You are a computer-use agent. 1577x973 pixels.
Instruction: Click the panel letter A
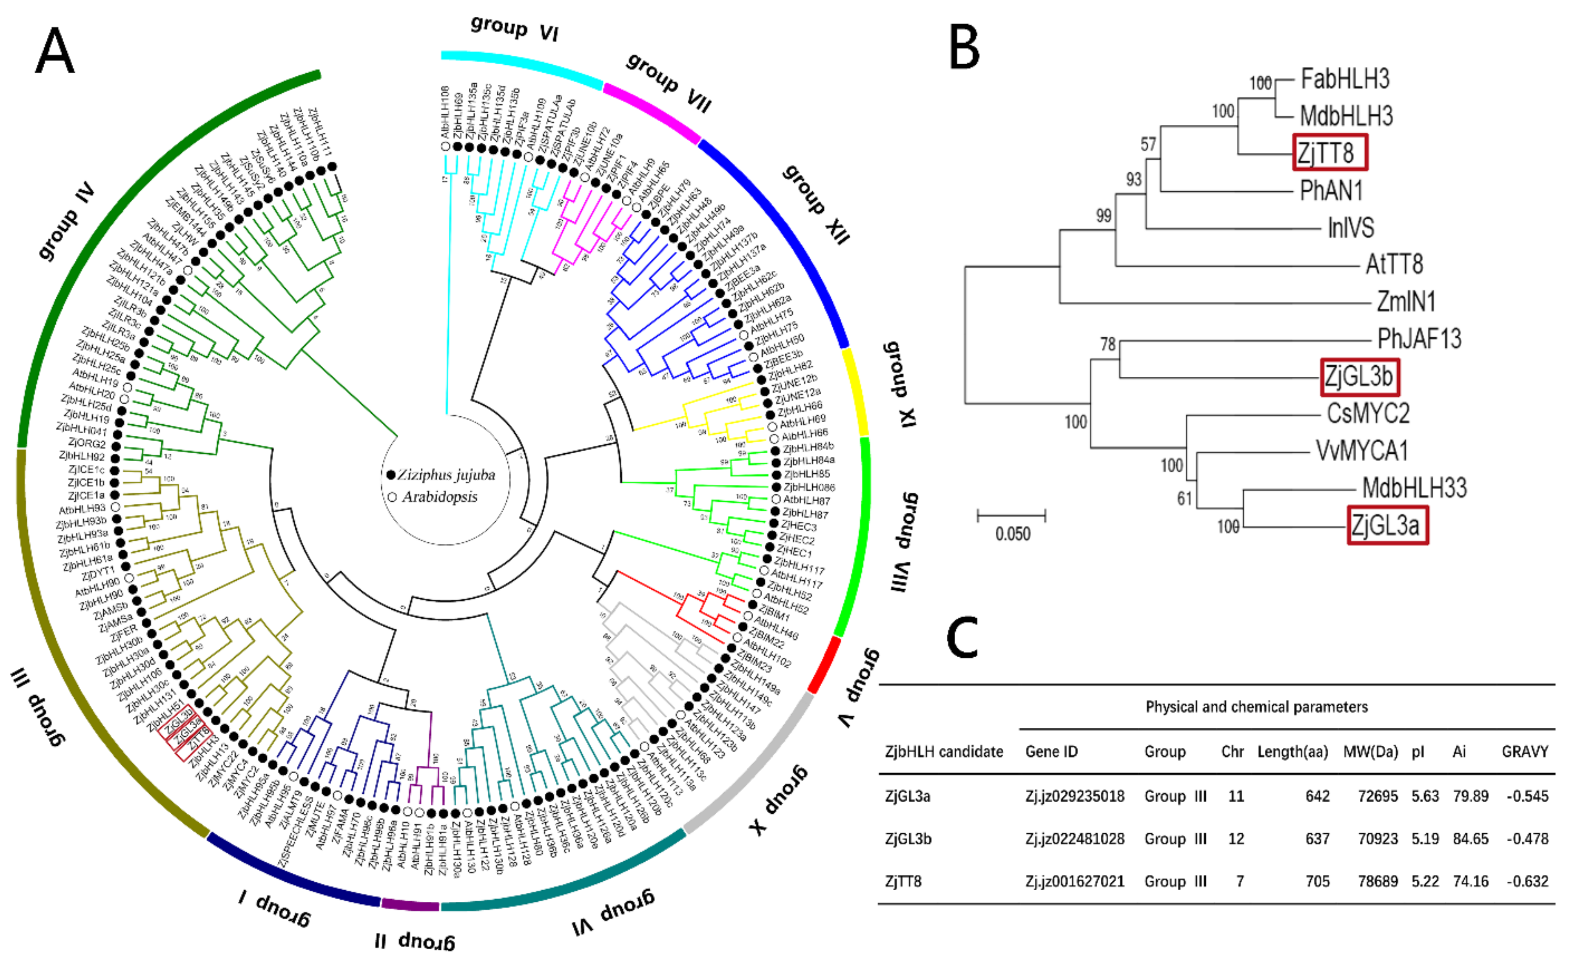point(55,52)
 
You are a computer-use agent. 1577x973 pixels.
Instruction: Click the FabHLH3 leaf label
point(1345,79)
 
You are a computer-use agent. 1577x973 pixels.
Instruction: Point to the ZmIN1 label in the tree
point(1406,301)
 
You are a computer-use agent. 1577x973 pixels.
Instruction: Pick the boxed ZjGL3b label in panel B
point(1359,376)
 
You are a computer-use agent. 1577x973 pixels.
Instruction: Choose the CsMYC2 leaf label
point(1368,413)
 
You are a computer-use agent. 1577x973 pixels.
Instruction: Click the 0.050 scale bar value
point(1012,534)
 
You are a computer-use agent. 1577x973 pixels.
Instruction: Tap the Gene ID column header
point(1051,751)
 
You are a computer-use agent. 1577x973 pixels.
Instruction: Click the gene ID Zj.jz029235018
point(1074,796)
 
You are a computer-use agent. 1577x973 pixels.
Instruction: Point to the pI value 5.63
point(1425,796)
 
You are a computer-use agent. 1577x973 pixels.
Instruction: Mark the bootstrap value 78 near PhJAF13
point(1108,344)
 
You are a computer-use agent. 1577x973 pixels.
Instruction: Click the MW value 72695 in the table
point(1377,796)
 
